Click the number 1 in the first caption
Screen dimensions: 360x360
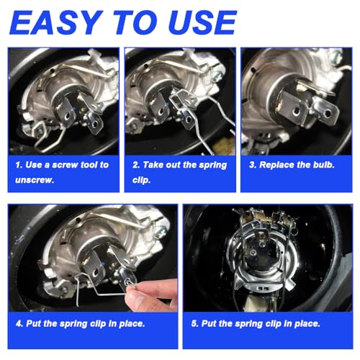[18, 165]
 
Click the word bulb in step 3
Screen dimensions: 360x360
[321, 165]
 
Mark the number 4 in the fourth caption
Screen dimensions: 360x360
[17, 323]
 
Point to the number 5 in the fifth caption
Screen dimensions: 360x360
[193, 323]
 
